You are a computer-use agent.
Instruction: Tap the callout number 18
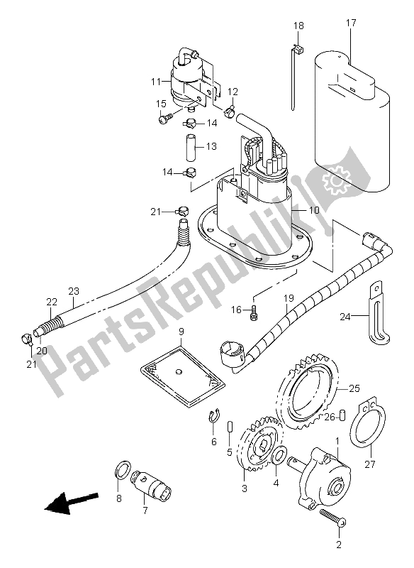coord(298,26)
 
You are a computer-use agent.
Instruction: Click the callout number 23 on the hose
coord(74,290)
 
